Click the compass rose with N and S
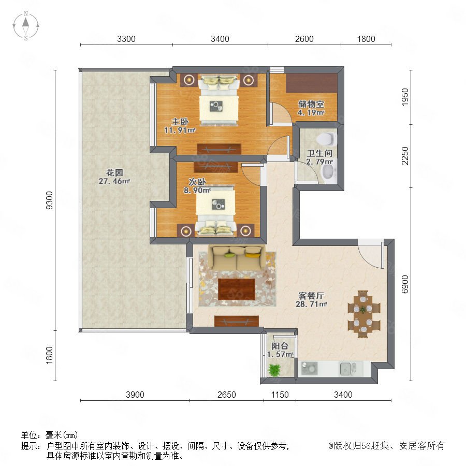pyautogui.click(x=26, y=26)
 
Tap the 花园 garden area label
pyautogui.click(x=114, y=172)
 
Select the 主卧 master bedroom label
pyautogui.click(x=180, y=122)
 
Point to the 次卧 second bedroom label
pyautogui.click(x=197, y=182)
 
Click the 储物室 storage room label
pyautogui.click(x=311, y=104)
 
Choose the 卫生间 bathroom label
pyautogui.click(x=319, y=153)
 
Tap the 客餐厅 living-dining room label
pyautogui.click(x=311, y=296)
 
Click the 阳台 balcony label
pyautogui.click(x=280, y=346)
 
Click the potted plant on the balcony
pyautogui.click(x=274, y=370)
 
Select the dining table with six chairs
pyautogui.click(x=364, y=314)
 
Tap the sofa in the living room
pyautogui.click(x=237, y=258)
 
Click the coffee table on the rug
pyautogui.click(x=237, y=289)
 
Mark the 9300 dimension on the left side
pyautogui.click(x=49, y=200)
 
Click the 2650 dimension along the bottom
pyautogui.click(x=226, y=395)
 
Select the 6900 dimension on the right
pyautogui.click(x=405, y=284)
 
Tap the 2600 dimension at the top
pyautogui.click(x=304, y=39)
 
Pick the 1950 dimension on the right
pyautogui.click(x=405, y=97)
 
